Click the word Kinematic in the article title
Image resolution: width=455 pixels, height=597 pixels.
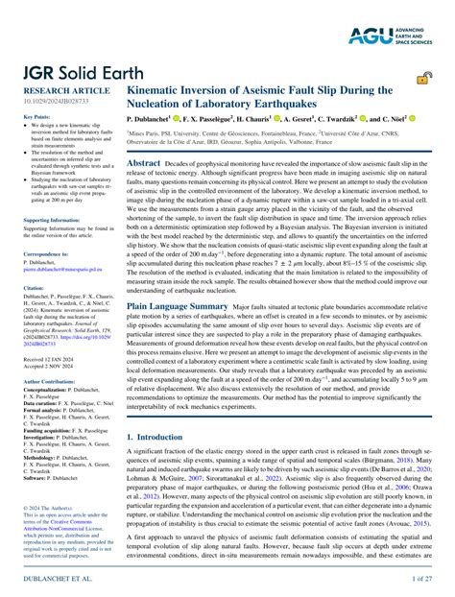(156, 90)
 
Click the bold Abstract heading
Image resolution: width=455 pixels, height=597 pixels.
(144, 165)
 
